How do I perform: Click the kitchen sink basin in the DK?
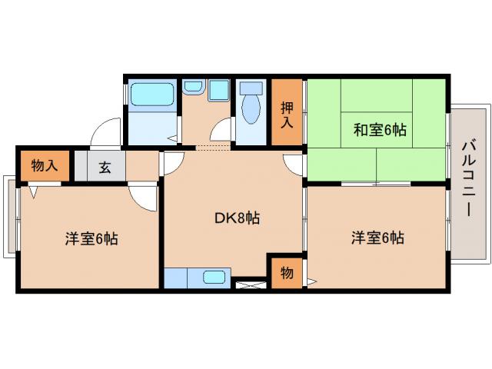pyautogui.click(x=214, y=278)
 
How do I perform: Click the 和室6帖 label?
pyautogui.click(x=379, y=131)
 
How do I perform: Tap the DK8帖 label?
pyautogui.click(x=236, y=218)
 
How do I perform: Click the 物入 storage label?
pyautogui.click(x=43, y=165)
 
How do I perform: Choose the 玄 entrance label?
pyautogui.click(x=104, y=166)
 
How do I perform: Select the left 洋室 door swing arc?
pyautogui.click(x=143, y=198)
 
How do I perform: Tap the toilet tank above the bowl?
pyautogui.click(x=249, y=88)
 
